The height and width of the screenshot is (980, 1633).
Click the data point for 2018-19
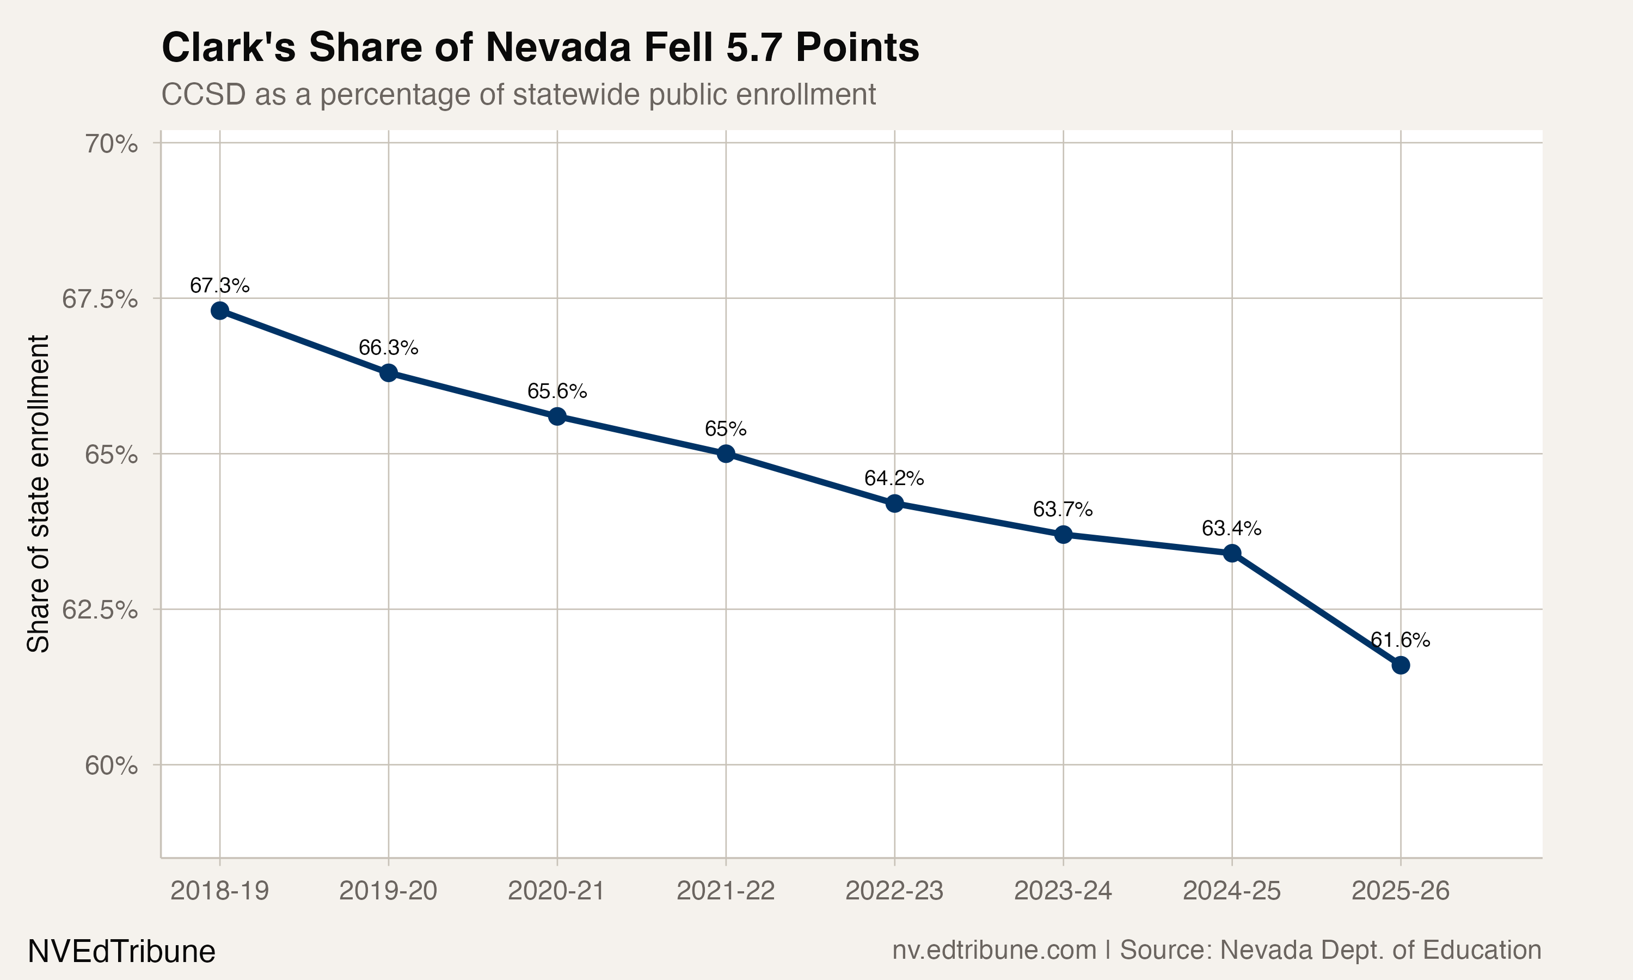220,310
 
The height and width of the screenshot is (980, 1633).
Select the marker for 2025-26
1400,665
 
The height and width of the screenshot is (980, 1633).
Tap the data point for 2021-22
726,454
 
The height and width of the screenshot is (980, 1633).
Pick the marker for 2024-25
1232,553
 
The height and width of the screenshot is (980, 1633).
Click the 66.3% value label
388,347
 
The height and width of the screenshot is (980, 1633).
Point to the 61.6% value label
1400,640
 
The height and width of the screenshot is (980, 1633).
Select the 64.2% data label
894,478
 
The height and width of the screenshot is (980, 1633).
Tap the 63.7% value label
1063,509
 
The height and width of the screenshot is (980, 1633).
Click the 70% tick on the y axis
111,144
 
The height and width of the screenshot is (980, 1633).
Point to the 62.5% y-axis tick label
100,610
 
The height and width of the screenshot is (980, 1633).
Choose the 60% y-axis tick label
111,766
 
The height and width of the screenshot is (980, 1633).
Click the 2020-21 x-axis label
556,891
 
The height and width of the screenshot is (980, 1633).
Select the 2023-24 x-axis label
1063,891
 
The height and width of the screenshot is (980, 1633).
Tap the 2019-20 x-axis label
388,891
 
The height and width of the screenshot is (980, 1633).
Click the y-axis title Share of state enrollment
38,494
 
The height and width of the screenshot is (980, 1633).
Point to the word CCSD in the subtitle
203,94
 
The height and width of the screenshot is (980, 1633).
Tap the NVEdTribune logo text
121,952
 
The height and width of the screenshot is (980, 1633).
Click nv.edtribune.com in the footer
994,950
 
